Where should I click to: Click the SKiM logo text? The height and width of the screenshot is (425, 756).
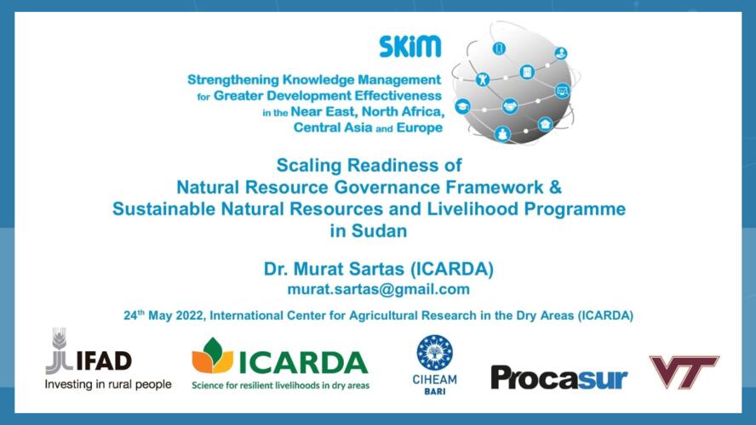[409, 47]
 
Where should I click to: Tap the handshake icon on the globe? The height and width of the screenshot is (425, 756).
[509, 106]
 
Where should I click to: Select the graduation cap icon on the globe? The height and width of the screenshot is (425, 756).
[463, 106]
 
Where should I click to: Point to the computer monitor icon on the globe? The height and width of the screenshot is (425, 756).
[562, 90]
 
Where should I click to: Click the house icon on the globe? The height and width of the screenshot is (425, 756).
[546, 125]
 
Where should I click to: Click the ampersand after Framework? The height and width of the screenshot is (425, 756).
[555, 187]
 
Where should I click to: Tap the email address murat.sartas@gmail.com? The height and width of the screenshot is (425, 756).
[379, 289]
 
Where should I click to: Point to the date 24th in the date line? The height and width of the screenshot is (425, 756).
[134, 314]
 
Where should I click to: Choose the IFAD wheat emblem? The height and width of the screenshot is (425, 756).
[59, 350]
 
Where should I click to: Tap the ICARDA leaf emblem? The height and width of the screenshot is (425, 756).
[212, 355]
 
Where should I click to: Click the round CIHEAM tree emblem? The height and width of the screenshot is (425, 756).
[434, 353]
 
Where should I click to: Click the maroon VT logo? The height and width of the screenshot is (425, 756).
[684, 371]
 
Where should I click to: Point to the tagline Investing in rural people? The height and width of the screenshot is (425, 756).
[108, 384]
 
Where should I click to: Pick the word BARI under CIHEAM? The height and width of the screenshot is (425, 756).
[434, 391]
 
